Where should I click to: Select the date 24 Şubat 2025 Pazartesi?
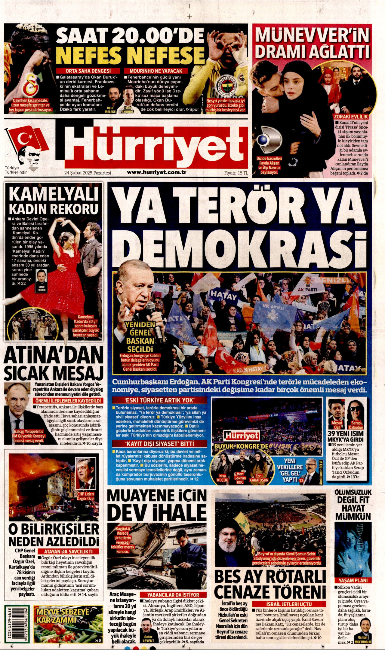click(x=88, y=173)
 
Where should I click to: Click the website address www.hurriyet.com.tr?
click(x=157, y=172)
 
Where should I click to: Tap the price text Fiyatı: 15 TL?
click(x=236, y=173)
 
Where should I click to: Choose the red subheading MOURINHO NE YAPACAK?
click(x=156, y=71)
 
